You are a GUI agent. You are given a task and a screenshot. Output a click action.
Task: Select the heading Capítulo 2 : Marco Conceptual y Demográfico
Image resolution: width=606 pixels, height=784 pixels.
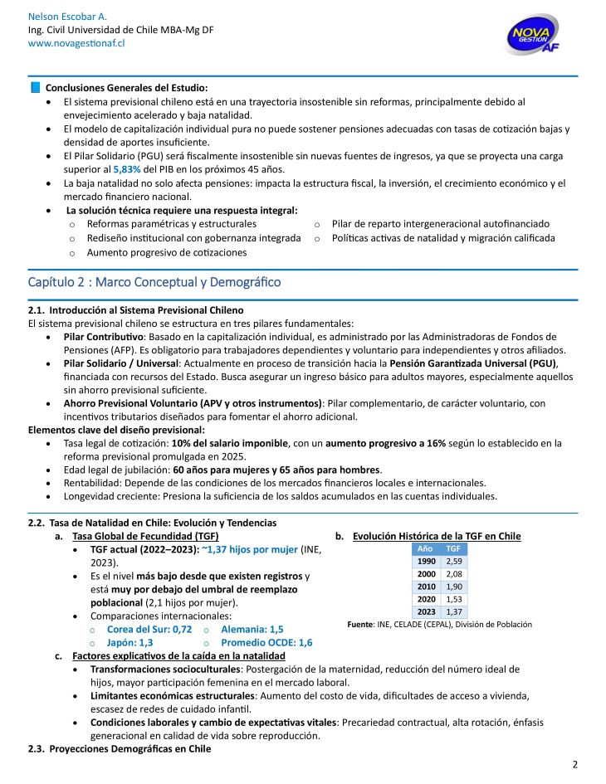point(154,282)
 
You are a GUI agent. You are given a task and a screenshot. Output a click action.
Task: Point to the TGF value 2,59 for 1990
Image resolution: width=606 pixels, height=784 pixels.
point(453,562)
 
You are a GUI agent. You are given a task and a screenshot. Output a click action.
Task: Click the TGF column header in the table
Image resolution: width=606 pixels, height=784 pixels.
point(453,549)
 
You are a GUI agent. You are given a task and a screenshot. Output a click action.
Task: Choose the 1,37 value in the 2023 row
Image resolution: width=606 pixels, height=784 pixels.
point(453,611)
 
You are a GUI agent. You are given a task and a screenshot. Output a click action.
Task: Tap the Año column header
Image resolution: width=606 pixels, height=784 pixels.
point(426,549)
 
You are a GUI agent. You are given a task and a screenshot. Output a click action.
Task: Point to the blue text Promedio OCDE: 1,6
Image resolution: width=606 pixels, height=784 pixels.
point(266,642)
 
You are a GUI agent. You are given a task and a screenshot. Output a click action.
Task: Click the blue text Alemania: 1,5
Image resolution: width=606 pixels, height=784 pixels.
point(252,630)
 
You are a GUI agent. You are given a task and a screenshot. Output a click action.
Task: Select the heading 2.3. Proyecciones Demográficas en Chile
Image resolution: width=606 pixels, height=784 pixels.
point(120,749)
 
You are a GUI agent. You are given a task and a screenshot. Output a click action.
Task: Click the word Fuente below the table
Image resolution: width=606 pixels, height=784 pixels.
point(361,624)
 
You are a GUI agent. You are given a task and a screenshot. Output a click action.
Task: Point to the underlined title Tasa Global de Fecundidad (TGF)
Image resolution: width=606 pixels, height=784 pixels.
point(134,536)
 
